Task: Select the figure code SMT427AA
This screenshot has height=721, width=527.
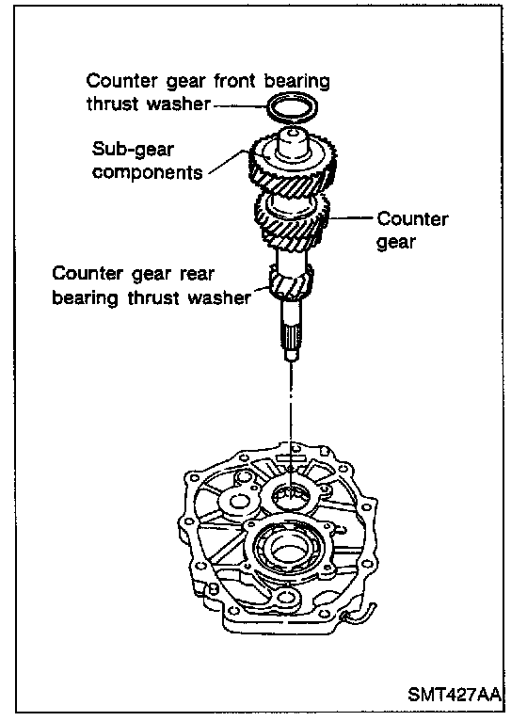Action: (x=454, y=695)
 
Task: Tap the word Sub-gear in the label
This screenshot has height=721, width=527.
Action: (x=133, y=150)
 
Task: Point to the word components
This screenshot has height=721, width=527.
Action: (x=147, y=172)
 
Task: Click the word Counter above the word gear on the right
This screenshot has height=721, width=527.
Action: (x=412, y=219)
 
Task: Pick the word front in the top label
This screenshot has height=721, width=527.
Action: (x=234, y=81)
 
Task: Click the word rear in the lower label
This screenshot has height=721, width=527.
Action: (x=197, y=274)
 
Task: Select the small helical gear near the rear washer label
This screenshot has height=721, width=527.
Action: (x=291, y=281)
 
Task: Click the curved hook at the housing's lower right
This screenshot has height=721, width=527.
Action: (x=364, y=617)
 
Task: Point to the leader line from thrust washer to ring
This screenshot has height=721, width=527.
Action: (x=240, y=105)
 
